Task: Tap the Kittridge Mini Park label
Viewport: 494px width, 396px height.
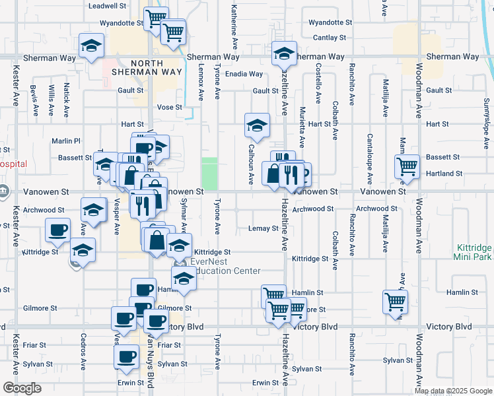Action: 473,251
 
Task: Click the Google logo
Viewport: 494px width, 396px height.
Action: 22,388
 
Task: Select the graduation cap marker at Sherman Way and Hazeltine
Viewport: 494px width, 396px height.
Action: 284,52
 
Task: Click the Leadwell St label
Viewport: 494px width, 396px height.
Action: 108,5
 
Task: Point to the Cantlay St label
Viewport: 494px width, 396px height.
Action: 330,38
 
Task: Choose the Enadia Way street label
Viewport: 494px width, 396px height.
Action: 244,74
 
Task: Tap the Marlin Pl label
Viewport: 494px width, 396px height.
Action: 67,141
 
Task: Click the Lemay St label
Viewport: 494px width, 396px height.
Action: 263,228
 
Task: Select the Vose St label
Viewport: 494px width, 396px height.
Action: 169,107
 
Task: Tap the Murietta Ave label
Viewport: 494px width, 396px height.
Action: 302,127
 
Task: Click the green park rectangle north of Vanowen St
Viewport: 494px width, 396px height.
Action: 209,173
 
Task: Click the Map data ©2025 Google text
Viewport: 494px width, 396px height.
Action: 453,391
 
